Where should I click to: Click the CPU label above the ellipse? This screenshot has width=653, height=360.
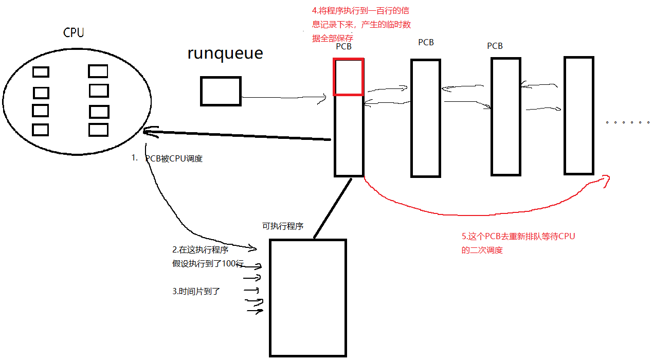tap(74, 33)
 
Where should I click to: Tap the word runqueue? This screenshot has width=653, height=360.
tap(225, 53)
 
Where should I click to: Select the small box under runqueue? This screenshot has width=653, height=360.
tap(221, 92)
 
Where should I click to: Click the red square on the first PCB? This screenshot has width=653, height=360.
tap(349, 77)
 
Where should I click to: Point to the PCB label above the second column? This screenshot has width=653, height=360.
tap(426, 43)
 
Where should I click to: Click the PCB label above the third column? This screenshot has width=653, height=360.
tap(495, 46)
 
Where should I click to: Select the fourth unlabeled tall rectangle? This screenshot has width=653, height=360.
tap(579, 116)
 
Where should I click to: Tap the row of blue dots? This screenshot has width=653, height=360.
tap(627, 122)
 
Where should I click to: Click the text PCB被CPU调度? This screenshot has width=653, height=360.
tap(174, 159)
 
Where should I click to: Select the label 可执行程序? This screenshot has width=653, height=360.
tap(283, 226)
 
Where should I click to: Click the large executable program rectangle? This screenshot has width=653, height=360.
tap(308, 298)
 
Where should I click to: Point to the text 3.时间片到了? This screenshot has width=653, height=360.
tap(196, 291)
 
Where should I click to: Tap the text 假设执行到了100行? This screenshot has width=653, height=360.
tap(208, 264)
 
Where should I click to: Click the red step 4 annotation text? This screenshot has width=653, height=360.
tap(361, 25)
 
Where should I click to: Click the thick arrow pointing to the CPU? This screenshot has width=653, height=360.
tap(237, 135)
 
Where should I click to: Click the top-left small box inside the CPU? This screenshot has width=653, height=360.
tap(41, 72)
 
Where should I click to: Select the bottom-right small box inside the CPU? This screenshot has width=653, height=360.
tap(98, 130)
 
